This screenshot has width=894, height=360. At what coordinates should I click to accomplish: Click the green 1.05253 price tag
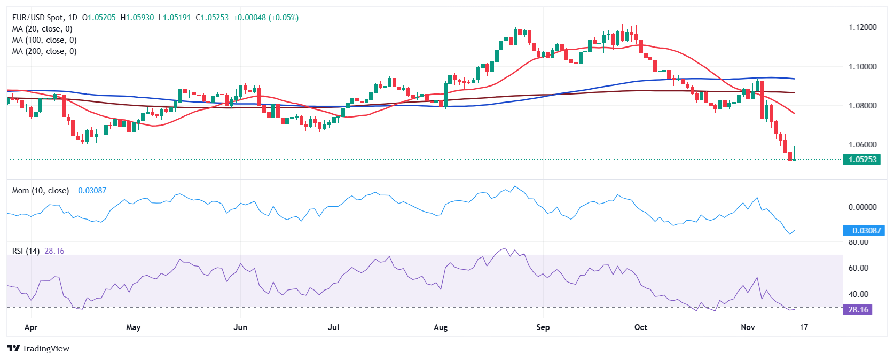tap(861, 159)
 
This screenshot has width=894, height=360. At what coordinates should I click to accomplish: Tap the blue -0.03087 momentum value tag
tap(864, 231)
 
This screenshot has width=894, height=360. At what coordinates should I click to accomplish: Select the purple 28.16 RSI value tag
tap(857, 310)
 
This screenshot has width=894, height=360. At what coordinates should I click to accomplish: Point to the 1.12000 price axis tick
tap(862, 27)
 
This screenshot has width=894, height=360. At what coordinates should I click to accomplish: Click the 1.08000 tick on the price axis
tap(862, 106)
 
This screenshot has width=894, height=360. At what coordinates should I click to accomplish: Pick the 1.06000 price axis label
tap(862, 145)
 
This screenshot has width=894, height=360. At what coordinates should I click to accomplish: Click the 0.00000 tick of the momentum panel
tap(862, 207)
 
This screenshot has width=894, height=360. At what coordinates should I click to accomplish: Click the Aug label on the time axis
tap(441, 327)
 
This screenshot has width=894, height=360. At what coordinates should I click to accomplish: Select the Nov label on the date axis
tap(748, 327)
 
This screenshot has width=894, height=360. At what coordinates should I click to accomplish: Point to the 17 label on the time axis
tap(804, 327)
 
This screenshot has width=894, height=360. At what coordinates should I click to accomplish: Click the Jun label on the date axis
tap(240, 327)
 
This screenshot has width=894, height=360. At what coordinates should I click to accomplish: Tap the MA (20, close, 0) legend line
tap(42, 29)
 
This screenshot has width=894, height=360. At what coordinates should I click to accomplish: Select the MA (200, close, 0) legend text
tap(44, 51)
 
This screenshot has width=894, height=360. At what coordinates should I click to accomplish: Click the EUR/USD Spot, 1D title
tap(45, 18)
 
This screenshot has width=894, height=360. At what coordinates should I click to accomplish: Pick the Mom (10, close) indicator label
tap(41, 191)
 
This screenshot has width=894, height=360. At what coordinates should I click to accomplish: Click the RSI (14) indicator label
tap(26, 251)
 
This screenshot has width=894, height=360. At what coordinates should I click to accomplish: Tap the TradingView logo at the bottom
tap(38, 349)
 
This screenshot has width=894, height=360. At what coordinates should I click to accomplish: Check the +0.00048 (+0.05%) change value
tap(266, 18)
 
